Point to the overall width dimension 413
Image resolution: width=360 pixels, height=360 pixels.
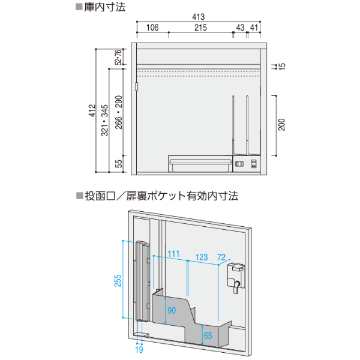pos(200,19)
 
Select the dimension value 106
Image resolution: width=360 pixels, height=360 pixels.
pos(152,28)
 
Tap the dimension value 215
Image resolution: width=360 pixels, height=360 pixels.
pos(200,28)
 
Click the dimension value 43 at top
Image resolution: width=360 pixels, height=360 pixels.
pos(240,28)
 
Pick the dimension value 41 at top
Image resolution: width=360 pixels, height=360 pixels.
pos(254,28)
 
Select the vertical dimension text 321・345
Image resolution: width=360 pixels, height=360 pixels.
pos(105,119)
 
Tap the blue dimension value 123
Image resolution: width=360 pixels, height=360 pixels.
pos(202,257)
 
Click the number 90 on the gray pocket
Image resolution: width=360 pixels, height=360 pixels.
pos(171,310)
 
